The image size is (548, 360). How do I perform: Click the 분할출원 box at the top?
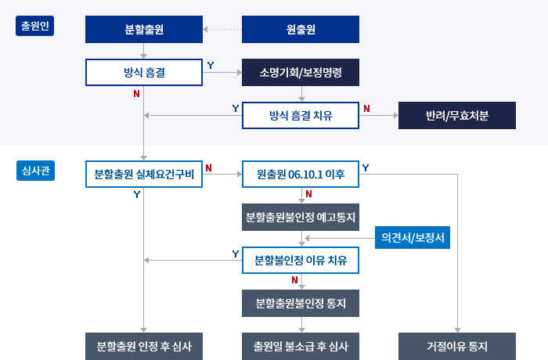coord(144,30)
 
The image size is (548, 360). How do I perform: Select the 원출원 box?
coord(301,30)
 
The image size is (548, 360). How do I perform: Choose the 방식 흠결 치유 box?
coord(301,116)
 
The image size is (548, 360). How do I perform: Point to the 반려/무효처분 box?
coord(457,116)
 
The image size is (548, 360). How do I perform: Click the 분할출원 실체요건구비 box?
coord(144,175)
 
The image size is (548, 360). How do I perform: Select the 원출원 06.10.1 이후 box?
coord(301,175)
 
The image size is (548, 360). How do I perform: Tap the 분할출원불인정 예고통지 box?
coord(301,217)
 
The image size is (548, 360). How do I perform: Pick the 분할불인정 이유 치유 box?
coord(301,260)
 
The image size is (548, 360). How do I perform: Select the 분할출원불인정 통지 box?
coord(301,302)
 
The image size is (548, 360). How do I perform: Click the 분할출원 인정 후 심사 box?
coord(144,345)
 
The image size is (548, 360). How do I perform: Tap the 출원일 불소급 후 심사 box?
coord(301,345)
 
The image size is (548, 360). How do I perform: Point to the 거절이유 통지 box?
coord(457,345)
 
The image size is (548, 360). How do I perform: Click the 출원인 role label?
coord(34,27)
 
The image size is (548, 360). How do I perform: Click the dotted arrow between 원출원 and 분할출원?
coord(222,31)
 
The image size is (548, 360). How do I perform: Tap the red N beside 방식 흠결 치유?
coord(367,108)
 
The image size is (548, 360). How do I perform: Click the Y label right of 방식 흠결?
coord(211,65)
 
